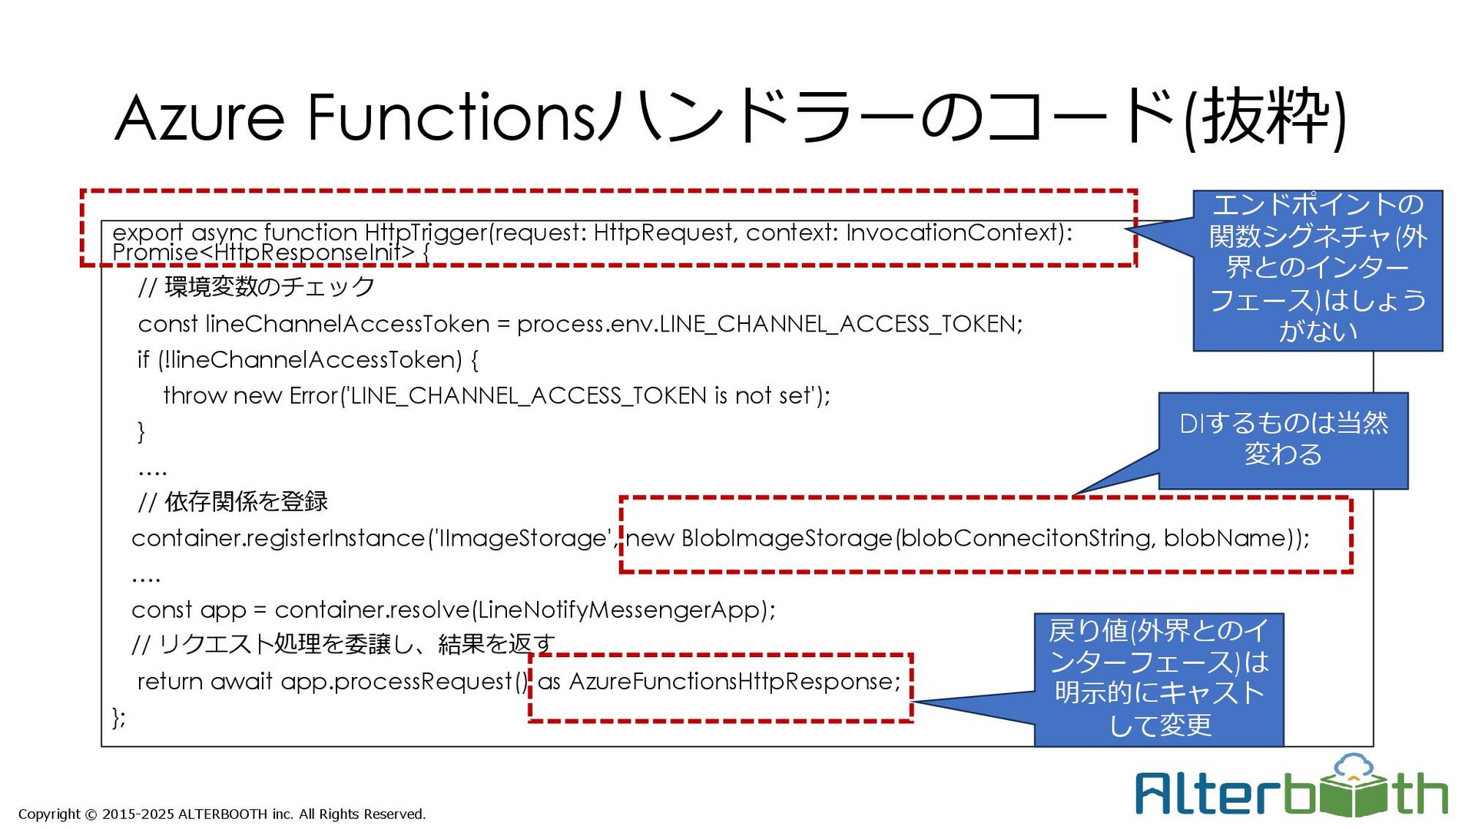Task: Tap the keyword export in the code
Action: point(147,232)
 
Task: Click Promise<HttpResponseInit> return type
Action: point(263,252)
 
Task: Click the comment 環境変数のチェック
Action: point(269,287)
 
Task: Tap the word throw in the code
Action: point(194,395)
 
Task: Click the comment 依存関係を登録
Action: point(246,502)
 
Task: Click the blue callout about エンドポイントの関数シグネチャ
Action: point(1318,269)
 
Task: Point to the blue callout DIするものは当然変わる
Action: point(1283,439)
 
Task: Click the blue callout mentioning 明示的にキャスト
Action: point(1158,679)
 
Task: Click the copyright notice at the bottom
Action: point(221,814)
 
